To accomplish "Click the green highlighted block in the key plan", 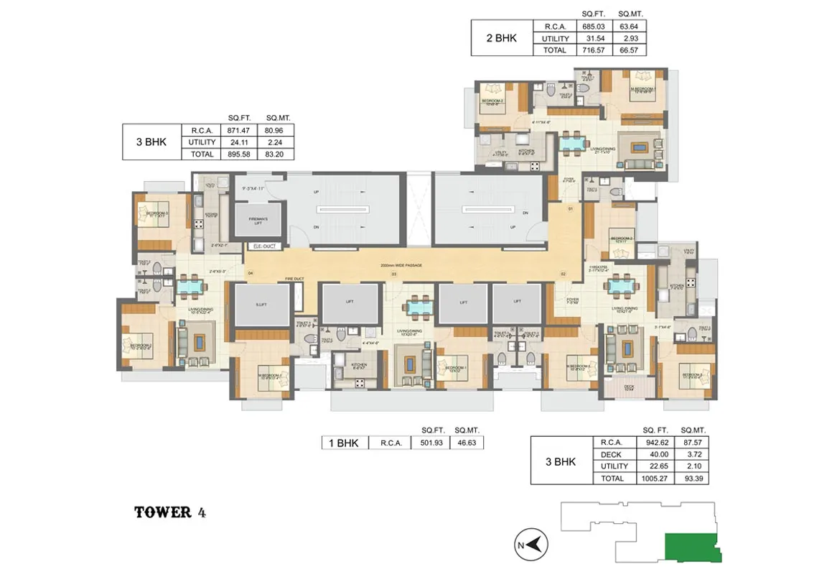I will (691, 548).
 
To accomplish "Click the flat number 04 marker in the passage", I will (251, 274).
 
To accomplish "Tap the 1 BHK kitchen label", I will (359, 365).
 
